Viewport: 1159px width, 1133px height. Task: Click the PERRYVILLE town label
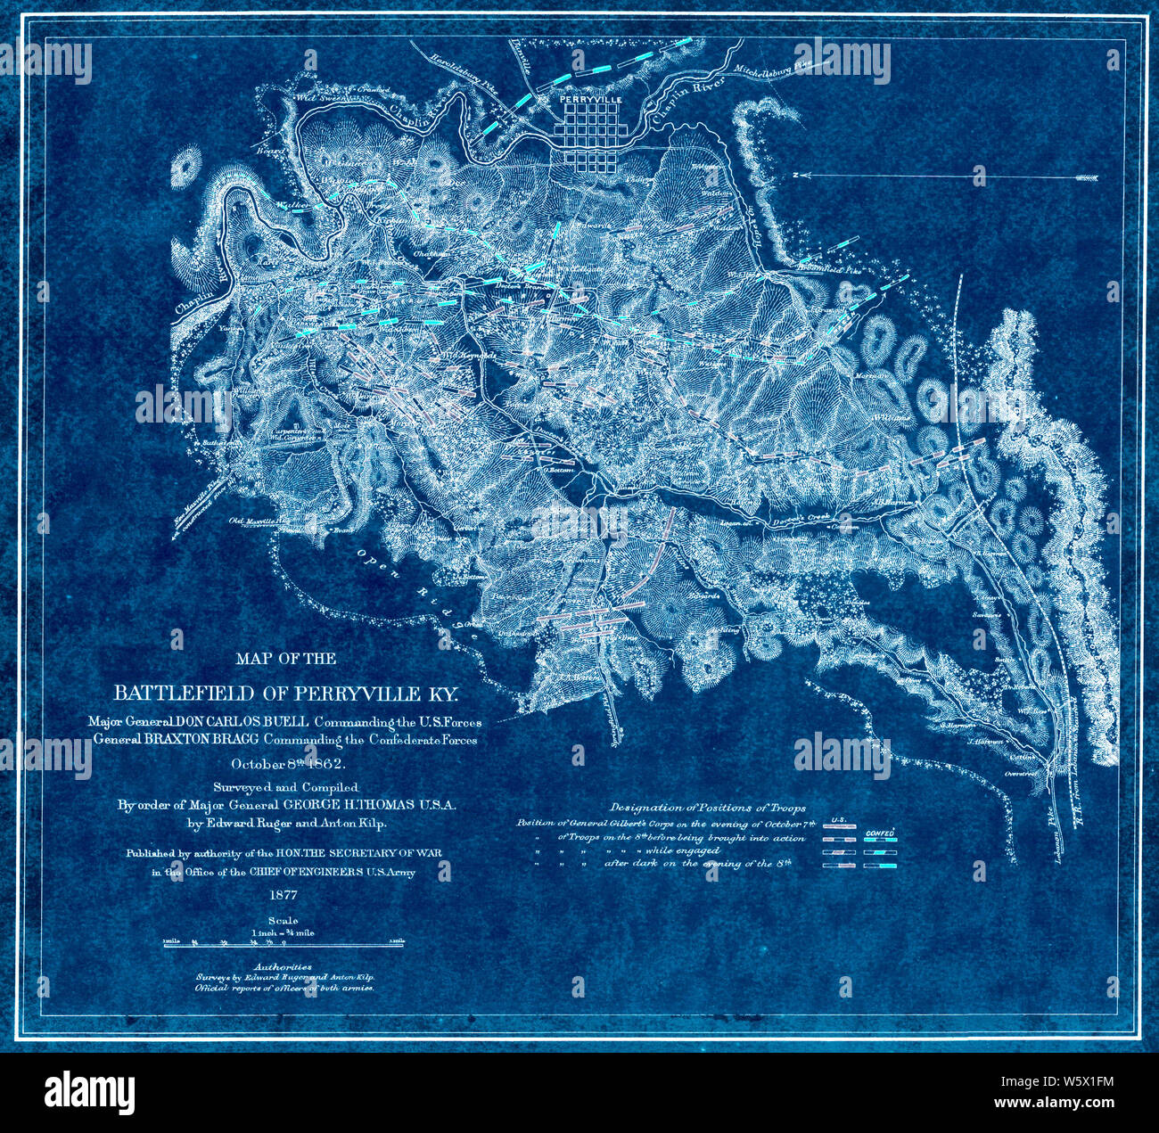click(x=590, y=101)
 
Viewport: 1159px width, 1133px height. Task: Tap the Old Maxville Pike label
click(x=260, y=521)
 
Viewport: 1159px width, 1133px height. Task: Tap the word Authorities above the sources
click(x=283, y=965)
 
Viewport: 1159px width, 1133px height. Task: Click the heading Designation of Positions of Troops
click(x=708, y=808)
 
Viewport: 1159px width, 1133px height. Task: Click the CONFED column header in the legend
click(x=880, y=833)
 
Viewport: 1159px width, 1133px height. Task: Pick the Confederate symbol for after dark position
click(x=880, y=865)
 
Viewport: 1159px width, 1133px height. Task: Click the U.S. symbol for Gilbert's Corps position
click(x=838, y=826)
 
